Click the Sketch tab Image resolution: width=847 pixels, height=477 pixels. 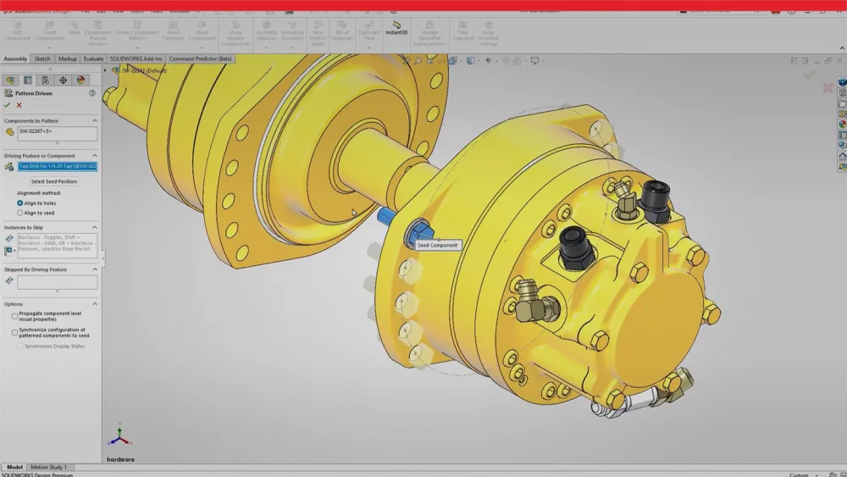coord(42,59)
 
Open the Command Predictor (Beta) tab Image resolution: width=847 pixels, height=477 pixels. coord(200,59)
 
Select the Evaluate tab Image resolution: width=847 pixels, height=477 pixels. coord(93,59)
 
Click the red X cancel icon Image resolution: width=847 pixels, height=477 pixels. coord(19,105)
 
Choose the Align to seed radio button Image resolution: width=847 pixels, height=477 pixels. coord(20,213)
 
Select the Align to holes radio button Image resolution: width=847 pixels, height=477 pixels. coord(20,203)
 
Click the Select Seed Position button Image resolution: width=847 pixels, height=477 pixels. coord(54,181)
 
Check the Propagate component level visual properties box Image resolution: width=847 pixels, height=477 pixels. coord(15,316)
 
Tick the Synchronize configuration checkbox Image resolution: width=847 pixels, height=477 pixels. coord(15,332)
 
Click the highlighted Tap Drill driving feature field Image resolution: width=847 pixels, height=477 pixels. coord(57,166)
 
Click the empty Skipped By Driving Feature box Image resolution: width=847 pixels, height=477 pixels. coord(57,282)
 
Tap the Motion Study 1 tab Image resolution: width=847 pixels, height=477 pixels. coord(48,467)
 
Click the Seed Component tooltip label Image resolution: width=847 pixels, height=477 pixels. coord(437,245)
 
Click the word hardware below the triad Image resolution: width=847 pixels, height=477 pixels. coord(120,459)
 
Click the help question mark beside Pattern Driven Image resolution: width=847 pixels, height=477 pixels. coord(92,93)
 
